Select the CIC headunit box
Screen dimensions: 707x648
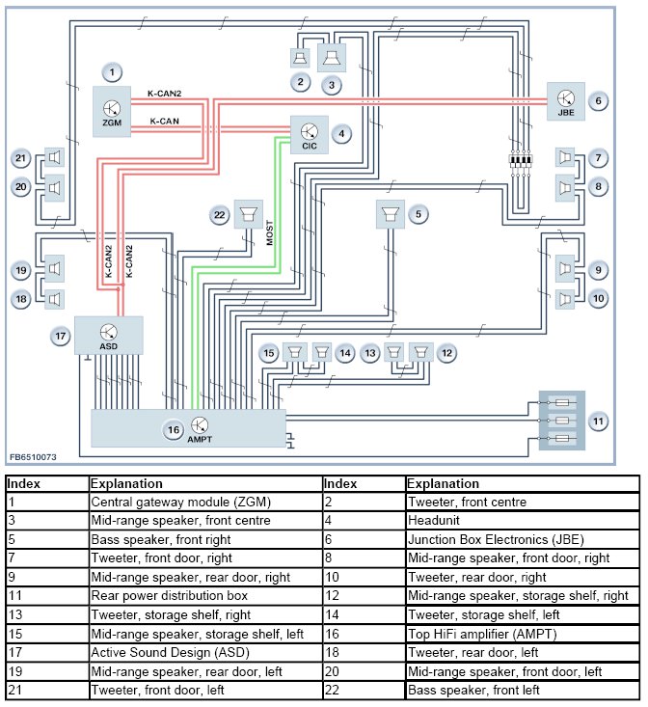tap(310, 134)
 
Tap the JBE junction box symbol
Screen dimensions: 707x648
tap(565, 99)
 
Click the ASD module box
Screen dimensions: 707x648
tap(108, 335)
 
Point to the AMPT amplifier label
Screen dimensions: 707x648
tap(200, 439)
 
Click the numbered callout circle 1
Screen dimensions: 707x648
tap(112, 72)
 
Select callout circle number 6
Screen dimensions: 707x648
tap(598, 99)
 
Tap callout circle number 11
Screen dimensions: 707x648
tap(598, 421)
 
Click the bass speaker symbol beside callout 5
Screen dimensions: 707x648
tap(391, 214)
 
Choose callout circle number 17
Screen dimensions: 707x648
tap(61, 336)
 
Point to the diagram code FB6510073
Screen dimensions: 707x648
tap(33, 457)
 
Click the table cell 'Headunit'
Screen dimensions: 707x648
tap(430, 520)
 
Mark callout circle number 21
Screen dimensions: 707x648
tap(21, 158)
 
